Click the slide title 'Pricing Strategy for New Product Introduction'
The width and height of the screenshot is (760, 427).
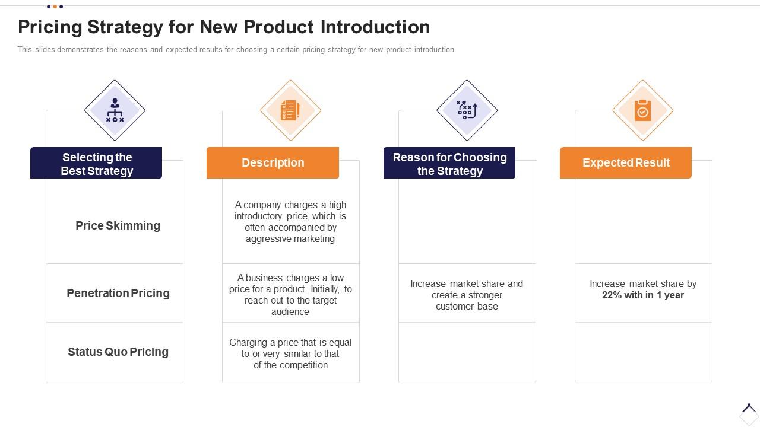pyautogui.click(x=224, y=27)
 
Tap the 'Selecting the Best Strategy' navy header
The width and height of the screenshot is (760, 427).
pyautogui.click(x=96, y=164)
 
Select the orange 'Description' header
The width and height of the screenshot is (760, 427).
pyautogui.click(x=273, y=163)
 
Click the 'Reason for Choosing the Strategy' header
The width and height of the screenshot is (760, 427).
pyautogui.click(x=449, y=164)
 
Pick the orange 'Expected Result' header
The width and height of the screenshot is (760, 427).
pyautogui.click(x=626, y=163)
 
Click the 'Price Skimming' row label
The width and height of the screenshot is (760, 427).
pyautogui.click(x=118, y=226)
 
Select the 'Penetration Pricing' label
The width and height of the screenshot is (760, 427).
pyautogui.click(x=118, y=294)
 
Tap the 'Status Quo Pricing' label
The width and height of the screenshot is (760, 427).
pyautogui.click(x=118, y=352)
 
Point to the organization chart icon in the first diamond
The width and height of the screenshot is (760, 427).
pyautogui.click(x=115, y=110)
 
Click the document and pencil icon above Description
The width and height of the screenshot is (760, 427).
pyautogui.click(x=290, y=110)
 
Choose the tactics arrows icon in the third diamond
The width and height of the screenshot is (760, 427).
pyautogui.click(x=467, y=110)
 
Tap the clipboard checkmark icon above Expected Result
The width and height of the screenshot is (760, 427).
pyautogui.click(x=642, y=110)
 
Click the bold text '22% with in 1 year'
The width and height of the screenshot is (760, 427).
pyautogui.click(x=642, y=295)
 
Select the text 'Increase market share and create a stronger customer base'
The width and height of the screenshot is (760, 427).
pyautogui.click(x=467, y=295)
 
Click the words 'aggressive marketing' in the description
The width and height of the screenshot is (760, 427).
pyautogui.click(x=290, y=239)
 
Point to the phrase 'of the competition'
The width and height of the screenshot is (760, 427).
pyautogui.click(x=290, y=365)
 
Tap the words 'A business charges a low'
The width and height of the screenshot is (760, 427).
pyautogui.click(x=290, y=278)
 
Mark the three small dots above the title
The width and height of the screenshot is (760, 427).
pyautogui.click(x=55, y=7)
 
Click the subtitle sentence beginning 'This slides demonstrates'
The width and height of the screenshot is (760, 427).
pyautogui.click(x=236, y=50)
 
